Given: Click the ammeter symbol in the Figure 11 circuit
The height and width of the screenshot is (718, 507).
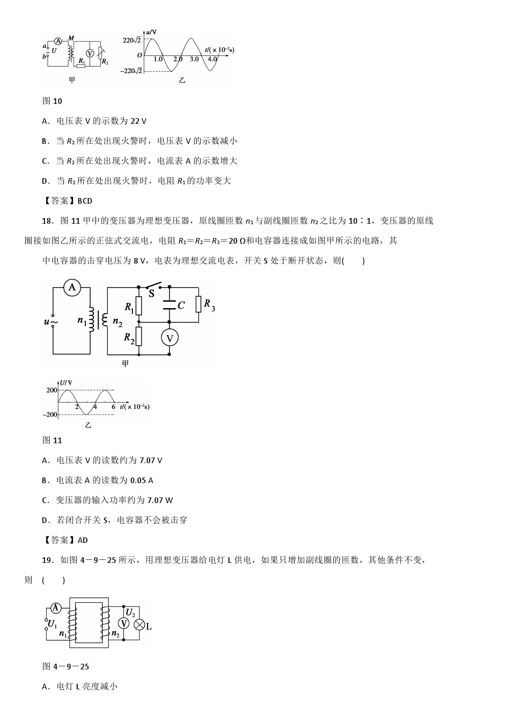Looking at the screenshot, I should click(72, 288).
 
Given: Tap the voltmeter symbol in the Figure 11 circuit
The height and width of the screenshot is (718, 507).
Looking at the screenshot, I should click(169, 337).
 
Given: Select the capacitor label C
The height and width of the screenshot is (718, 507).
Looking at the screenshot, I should click(181, 306).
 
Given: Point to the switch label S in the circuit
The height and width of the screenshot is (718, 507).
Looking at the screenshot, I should click(151, 293).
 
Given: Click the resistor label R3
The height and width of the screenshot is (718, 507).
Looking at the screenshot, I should click(209, 305).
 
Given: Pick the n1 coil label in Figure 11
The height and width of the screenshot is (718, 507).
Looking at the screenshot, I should click(82, 321).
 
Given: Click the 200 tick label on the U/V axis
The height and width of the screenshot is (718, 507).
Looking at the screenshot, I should click(52, 390).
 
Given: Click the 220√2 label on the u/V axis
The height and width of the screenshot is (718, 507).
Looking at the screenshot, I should click(132, 40).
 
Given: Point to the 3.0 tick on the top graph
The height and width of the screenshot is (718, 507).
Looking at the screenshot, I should click(194, 59).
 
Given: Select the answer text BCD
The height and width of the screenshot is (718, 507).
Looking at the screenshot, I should click(85, 201).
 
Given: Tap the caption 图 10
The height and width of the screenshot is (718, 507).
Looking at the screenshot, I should click(52, 101).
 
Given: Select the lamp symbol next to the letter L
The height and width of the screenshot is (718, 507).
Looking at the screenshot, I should click(139, 624).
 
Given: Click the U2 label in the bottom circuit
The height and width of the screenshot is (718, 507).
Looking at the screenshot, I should click(130, 613).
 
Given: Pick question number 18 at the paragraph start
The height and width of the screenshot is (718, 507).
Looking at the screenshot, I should click(47, 221).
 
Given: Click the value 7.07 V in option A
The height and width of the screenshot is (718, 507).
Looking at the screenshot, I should click(150, 461).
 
